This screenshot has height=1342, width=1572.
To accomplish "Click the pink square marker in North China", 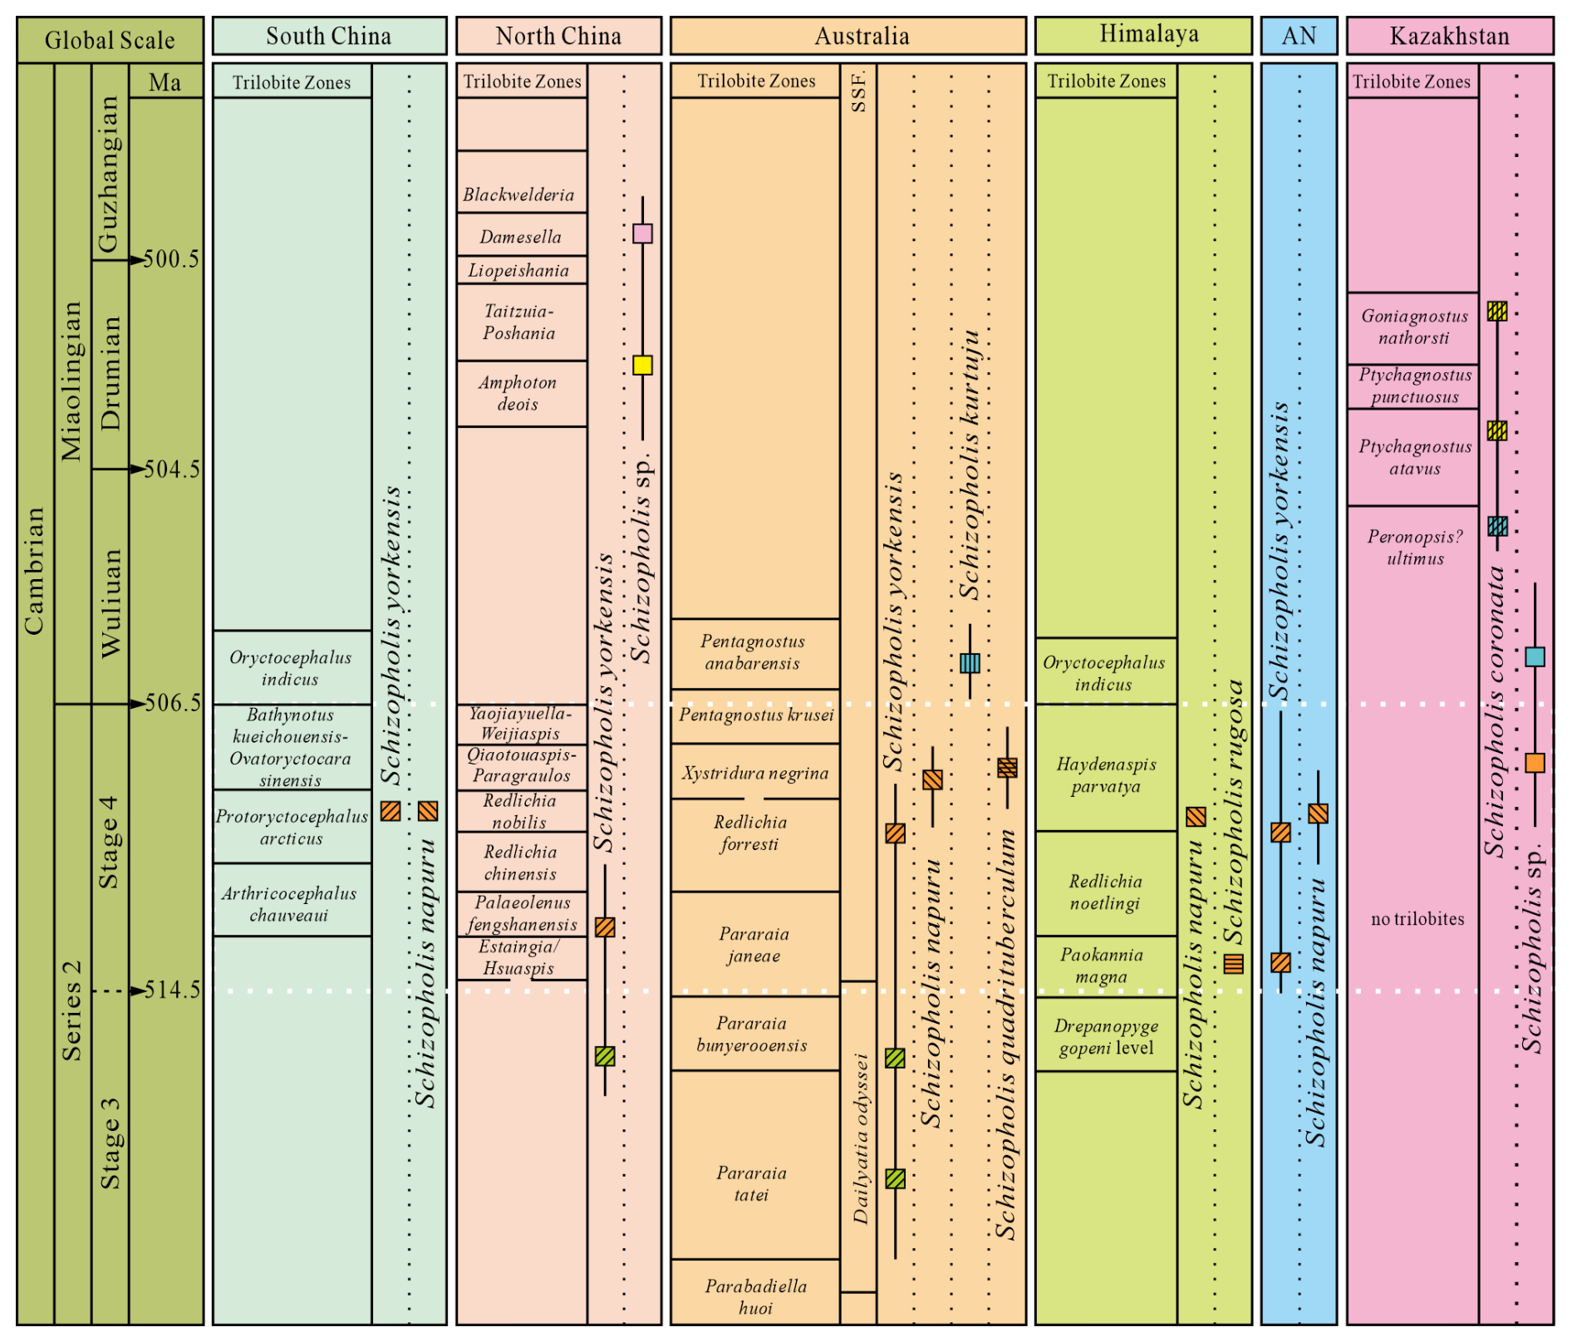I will click(642, 233).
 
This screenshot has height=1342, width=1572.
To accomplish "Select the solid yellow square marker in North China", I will click(642, 365).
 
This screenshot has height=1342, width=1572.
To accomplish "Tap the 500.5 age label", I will click(171, 259).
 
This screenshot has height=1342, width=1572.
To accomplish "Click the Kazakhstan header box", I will click(1449, 37).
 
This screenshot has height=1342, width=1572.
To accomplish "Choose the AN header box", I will click(1299, 37).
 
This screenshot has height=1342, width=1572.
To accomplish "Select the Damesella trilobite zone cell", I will click(521, 237).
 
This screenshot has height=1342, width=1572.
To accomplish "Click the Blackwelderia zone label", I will click(519, 194).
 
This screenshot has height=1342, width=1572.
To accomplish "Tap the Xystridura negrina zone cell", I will click(754, 773).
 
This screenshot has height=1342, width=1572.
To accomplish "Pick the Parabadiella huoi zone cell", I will click(755, 1297).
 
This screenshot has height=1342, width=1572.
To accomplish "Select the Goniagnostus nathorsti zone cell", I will click(1413, 327).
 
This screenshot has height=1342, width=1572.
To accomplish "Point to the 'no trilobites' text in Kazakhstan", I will click(1417, 919).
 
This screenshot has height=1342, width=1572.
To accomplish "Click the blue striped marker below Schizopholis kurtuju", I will click(970, 663).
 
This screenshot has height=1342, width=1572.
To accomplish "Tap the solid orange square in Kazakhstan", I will click(1535, 763).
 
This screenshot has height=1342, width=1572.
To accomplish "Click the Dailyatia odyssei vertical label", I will click(861, 1138).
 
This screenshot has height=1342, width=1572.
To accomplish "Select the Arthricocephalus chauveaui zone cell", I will click(290, 904).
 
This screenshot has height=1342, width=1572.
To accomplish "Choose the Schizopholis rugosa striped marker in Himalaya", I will click(1234, 963).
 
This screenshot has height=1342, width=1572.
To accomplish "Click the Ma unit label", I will click(165, 82).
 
